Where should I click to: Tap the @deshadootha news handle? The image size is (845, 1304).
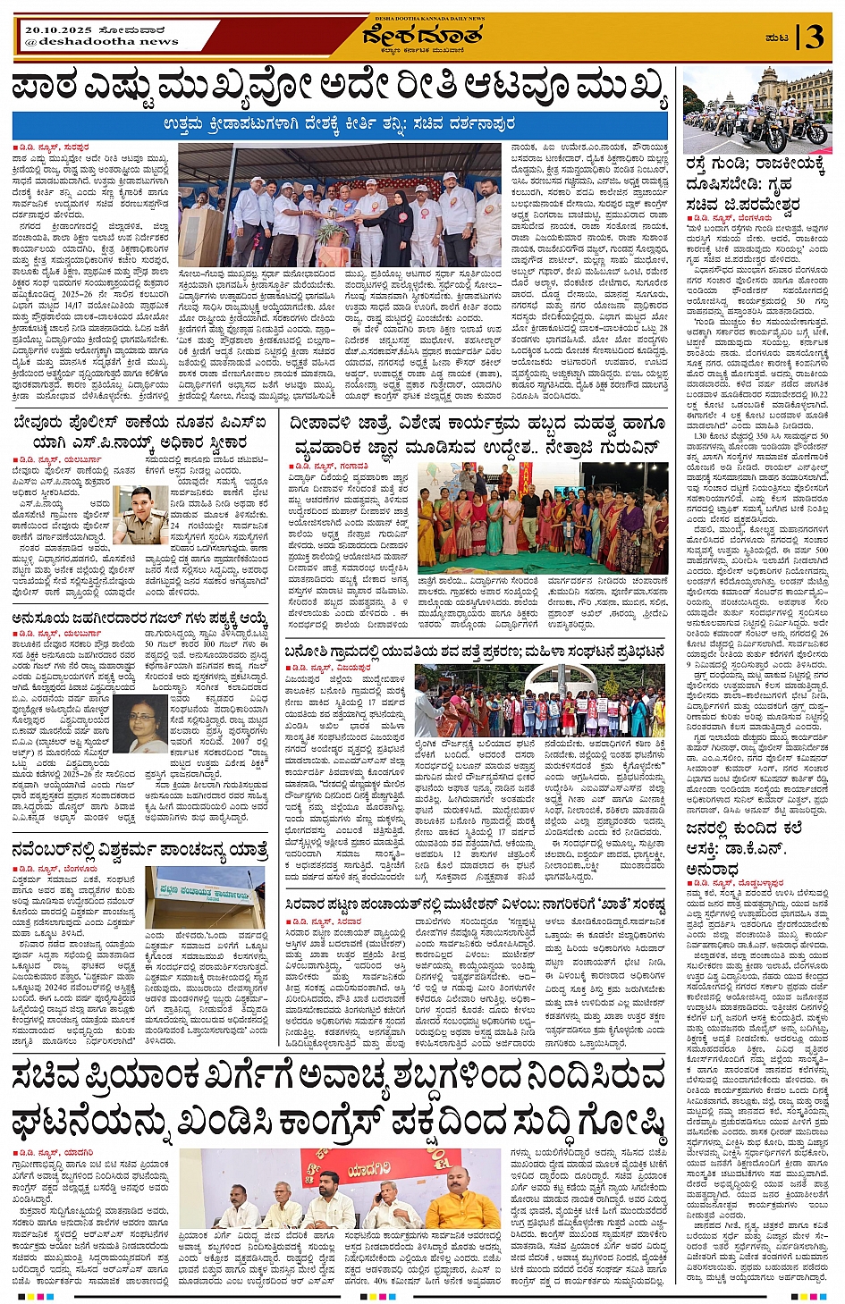102,41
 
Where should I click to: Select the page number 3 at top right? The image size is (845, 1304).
813,37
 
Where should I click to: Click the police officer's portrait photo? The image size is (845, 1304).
139,514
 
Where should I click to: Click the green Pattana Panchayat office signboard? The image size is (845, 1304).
205,894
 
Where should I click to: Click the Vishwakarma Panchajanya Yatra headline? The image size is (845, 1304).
139,849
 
